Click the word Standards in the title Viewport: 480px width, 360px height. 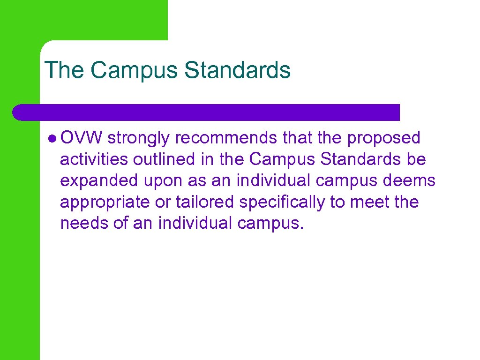coord(237,70)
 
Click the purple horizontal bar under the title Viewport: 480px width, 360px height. coord(206,112)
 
